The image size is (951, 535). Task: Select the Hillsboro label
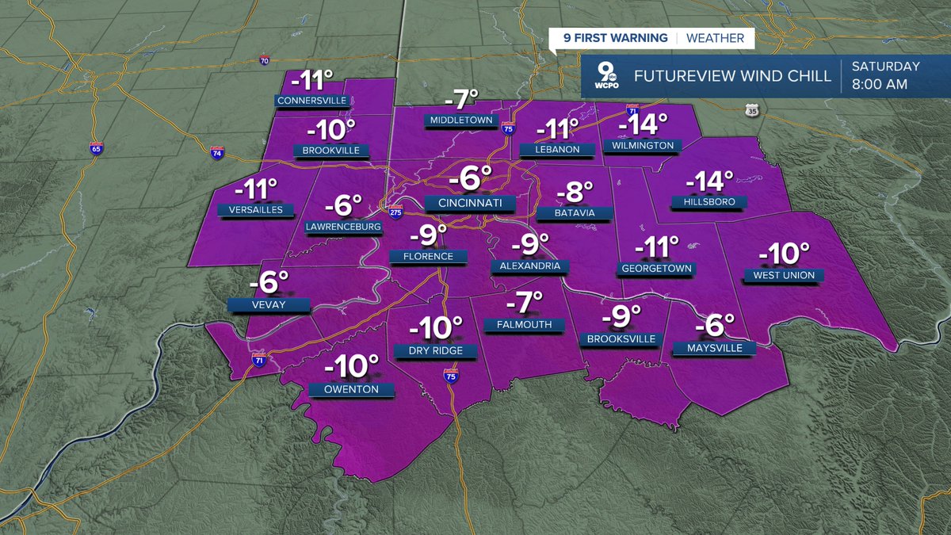pyautogui.click(x=703, y=202)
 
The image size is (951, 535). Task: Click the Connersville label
pyautogui.click(x=311, y=101)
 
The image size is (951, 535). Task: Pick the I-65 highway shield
pyautogui.click(x=96, y=149)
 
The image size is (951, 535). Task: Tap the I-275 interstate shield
pyautogui.click(x=395, y=212)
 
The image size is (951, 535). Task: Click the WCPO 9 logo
pyautogui.click(x=607, y=77)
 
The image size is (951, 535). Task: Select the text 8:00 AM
pyautogui.click(x=880, y=85)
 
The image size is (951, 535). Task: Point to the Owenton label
pyautogui.click(x=350, y=389)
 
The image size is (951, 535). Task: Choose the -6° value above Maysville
pyautogui.click(x=715, y=327)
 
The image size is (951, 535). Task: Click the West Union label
pyautogui.click(x=784, y=276)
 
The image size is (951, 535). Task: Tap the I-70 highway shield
pyautogui.click(x=265, y=60)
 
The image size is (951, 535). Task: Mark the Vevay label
pyautogui.click(x=266, y=304)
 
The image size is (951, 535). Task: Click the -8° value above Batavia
pyautogui.click(x=576, y=192)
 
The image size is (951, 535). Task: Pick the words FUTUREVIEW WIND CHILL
pyautogui.click(x=732, y=77)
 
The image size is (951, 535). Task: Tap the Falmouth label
pyautogui.click(x=523, y=325)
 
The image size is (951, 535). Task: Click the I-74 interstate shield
pyautogui.click(x=216, y=151)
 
